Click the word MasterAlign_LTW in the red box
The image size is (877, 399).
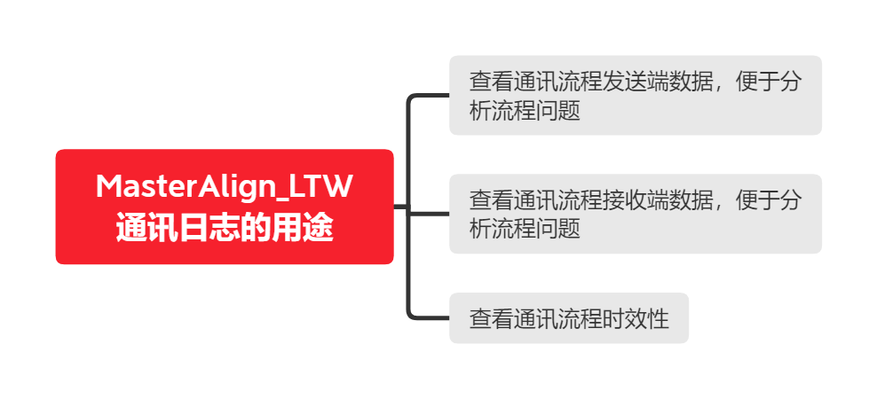225,187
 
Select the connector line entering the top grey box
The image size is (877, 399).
429,96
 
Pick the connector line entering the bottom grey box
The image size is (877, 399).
429,318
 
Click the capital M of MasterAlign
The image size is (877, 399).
109,186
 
